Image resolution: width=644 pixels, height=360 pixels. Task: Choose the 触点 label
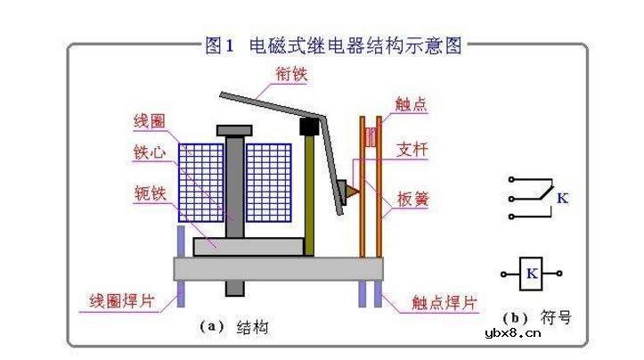tap(412, 105)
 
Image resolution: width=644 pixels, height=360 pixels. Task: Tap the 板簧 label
tap(412, 199)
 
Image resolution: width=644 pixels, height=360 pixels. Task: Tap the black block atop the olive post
tap(308, 127)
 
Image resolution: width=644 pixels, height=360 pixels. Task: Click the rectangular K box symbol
tap(532, 274)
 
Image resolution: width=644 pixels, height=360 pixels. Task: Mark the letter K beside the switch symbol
tap(562, 199)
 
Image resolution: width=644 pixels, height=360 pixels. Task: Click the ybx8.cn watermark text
tap(513, 333)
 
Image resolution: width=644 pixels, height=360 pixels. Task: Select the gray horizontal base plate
tap(279, 268)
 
